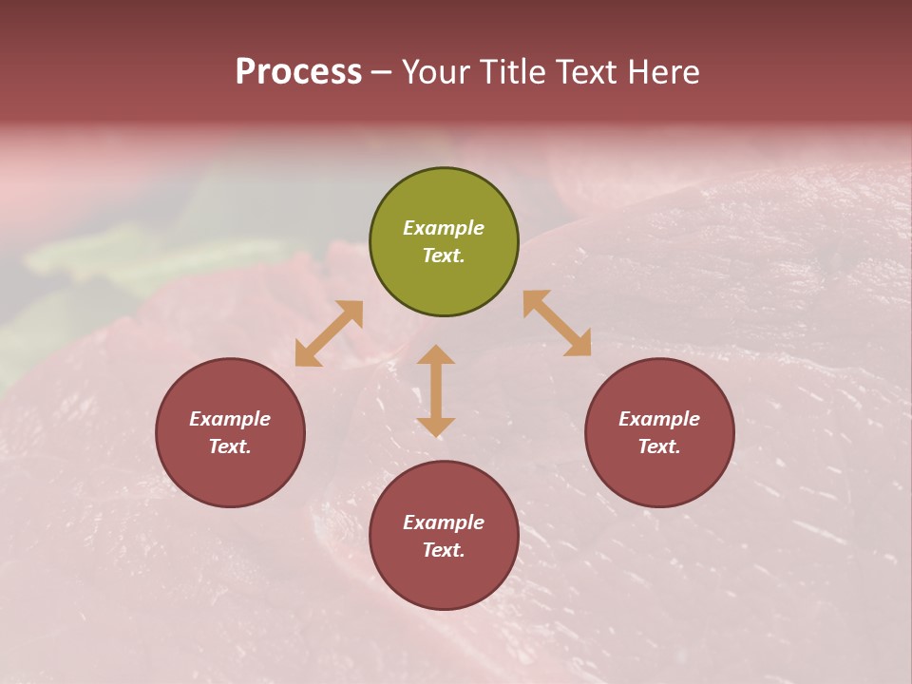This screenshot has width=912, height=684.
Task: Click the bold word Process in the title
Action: (x=298, y=72)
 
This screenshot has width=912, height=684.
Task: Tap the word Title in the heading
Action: (x=511, y=72)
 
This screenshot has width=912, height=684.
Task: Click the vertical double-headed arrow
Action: (x=436, y=390)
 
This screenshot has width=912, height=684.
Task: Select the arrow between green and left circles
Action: (x=329, y=333)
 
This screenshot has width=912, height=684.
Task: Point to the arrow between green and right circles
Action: (x=558, y=323)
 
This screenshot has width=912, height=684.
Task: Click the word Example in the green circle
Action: (x=444, y=228)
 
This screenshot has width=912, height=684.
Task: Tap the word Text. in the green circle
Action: (x=444, y=256)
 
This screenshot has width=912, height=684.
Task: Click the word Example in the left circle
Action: (x=230, y=419)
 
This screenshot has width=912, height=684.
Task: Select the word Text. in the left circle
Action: (x=230, y=446)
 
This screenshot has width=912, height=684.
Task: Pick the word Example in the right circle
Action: (x=659, y=419)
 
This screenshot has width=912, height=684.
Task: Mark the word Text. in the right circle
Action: (x=659, y=446)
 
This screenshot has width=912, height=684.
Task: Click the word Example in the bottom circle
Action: (x=444, y=522)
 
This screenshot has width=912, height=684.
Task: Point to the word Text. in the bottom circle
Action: (x=444, y=550)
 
